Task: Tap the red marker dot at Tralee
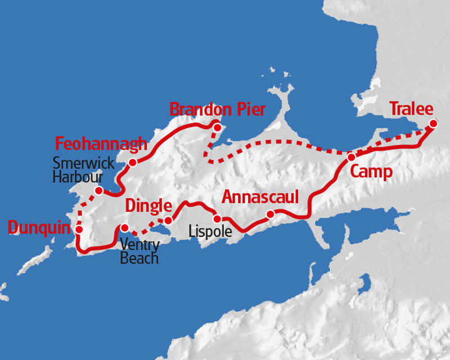coord(433,124)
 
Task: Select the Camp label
coord(371,172)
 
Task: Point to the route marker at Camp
coord(351,157)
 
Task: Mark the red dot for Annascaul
coord(271,214)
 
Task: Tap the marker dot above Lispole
coord(217,219)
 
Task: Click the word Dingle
coord(148,205)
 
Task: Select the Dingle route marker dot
coord(168,220)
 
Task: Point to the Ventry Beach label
coord(139,252)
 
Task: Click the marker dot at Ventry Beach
coord(125,228)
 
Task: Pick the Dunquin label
coord(40,227)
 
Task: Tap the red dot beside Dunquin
coord(79,229)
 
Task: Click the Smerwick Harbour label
coord(83,170)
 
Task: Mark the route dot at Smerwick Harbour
coord(99,191)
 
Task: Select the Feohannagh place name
coord(101,143)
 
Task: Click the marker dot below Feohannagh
coord(133,163)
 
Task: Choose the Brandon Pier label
coord(217,109)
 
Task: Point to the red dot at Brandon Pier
coord(214,125)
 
